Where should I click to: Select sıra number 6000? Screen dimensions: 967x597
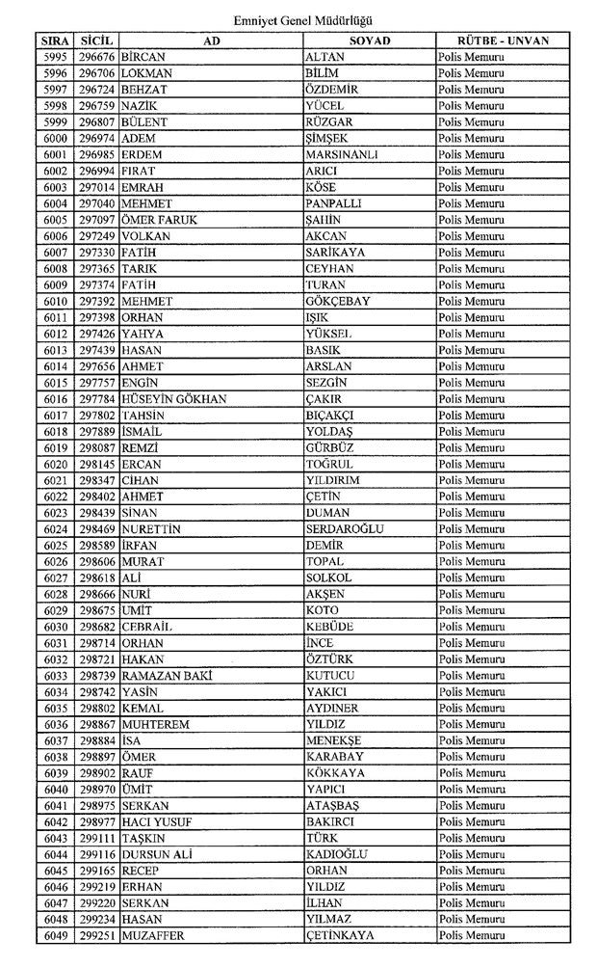[x=55, y=139]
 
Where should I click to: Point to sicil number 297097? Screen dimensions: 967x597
[x=97, y=220]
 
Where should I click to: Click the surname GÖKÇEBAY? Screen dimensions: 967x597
[x=337, y=302]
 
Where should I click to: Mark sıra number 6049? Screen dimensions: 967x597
[x=55, y=935]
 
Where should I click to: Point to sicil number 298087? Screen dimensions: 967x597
[x=97, y=448]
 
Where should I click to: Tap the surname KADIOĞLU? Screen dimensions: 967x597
[x=337, y=854]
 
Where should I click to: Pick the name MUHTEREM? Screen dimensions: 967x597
[x=156, y=724]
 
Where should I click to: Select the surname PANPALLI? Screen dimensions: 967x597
[x=333, y=204]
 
